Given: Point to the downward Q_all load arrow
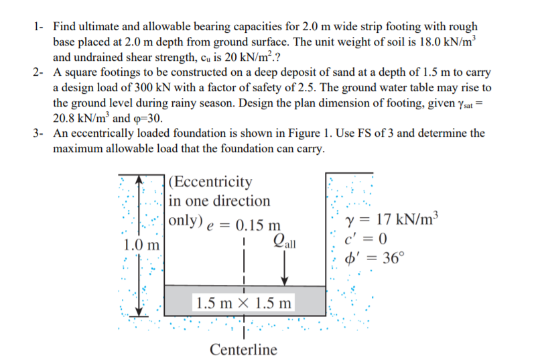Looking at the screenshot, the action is (286, 268).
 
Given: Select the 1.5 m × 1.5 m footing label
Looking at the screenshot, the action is (243, 302).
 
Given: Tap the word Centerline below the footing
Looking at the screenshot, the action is (243, 349).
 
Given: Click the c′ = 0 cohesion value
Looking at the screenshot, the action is (366, 238).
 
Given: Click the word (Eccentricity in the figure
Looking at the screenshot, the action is (212, 182).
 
